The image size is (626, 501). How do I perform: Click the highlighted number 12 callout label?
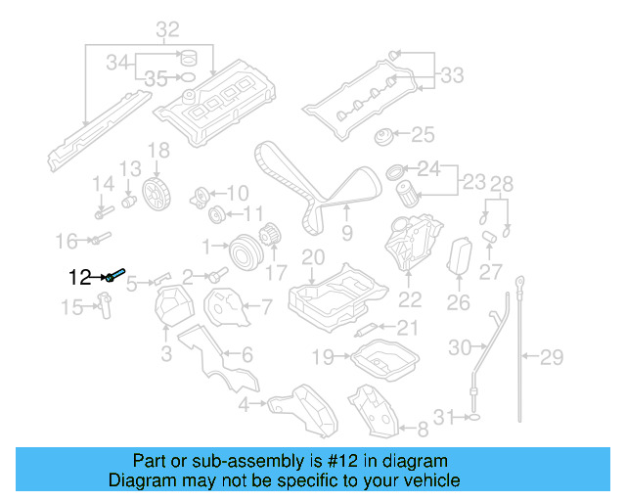79,277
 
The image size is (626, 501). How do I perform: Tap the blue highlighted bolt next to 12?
115,276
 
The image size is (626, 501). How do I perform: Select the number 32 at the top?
167,29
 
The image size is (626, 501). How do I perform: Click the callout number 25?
422,134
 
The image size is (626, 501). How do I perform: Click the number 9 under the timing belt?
346,233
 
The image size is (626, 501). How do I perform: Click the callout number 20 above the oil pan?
312,258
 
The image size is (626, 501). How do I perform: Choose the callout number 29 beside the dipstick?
553,356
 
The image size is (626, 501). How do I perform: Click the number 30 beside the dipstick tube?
460,346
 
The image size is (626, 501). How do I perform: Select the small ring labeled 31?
474,418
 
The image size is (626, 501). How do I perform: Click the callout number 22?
410,300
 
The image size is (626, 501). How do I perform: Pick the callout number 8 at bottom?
422,428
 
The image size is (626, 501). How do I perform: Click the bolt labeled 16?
102,238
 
